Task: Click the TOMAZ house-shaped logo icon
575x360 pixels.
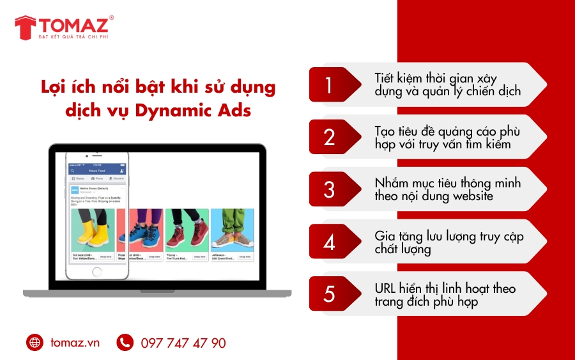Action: point(26,27)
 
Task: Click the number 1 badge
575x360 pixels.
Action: point(329,85)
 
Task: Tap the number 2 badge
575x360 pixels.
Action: point(329,137)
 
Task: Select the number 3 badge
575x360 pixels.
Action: point(329,189)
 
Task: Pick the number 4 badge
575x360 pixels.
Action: point(329,242)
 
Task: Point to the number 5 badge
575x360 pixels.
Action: point(329,294)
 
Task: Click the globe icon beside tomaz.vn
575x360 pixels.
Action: point(34,343)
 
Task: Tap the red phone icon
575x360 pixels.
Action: point(125,343)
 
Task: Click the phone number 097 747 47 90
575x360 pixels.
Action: point(183,343)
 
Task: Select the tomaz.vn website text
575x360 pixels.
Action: point(75,343)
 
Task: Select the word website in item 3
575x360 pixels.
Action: point(473,196)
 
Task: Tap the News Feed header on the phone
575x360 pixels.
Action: point(98,171)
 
